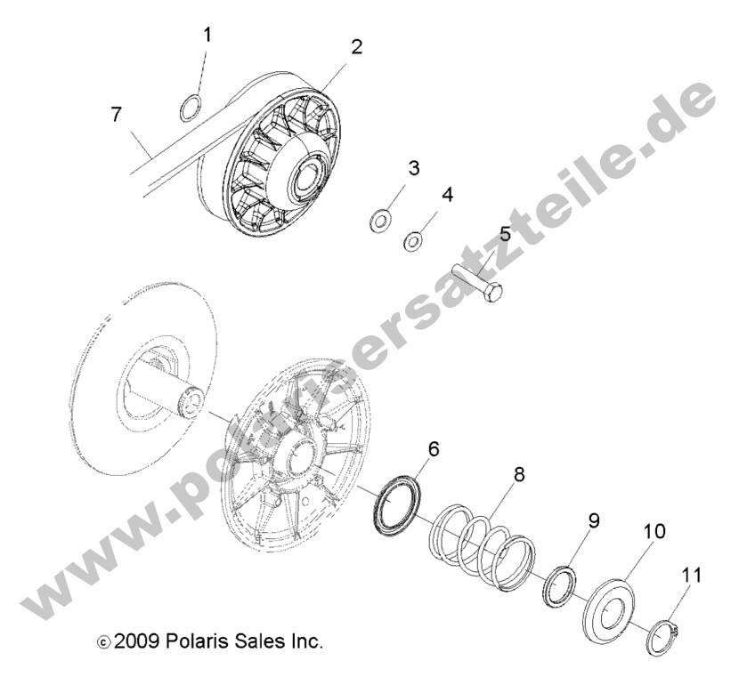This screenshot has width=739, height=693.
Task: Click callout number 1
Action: click(x=207, y=36)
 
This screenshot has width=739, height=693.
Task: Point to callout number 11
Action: click(x=692, y=576)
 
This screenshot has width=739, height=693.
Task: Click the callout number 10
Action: click(x=654, y=531)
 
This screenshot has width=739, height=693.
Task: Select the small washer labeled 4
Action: click(x=414, y=240)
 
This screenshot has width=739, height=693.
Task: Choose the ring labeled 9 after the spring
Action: click(x=560, y=589)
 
